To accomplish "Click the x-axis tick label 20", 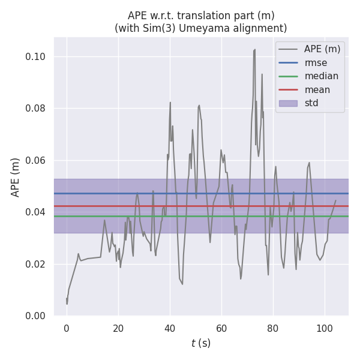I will [118, 328].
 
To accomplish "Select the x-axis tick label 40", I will [170, 328].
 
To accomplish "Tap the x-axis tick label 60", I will [221, 328].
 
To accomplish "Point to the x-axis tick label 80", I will [273, 328].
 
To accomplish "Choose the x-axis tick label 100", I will [325, 328].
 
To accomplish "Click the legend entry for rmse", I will [316, 62].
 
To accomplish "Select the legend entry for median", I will [321, 76].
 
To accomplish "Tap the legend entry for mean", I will [317, 89].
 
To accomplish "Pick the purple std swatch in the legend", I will [288, 103].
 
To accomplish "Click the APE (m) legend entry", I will [322, 49].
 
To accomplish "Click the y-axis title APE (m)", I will [16, 177].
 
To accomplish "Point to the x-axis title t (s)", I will [201, 343].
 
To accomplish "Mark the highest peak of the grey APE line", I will [255, 49].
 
